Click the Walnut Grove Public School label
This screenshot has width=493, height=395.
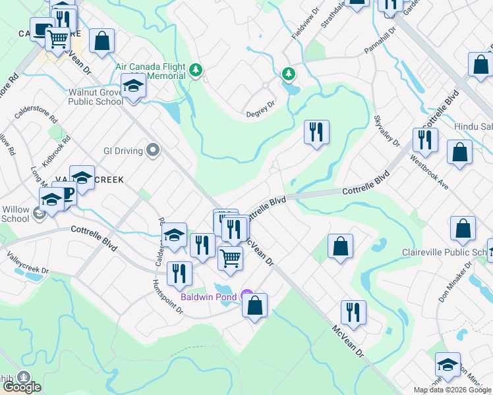[96, 97]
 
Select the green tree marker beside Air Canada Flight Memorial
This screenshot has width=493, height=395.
[195, 70]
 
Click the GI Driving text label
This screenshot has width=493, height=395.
[123, 151]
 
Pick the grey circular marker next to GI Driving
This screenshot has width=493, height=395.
[153, 151]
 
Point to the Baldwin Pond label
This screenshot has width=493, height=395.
[211, 296]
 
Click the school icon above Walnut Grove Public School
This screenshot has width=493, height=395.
[133, 86]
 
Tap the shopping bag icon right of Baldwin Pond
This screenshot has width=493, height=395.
[255, 305]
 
